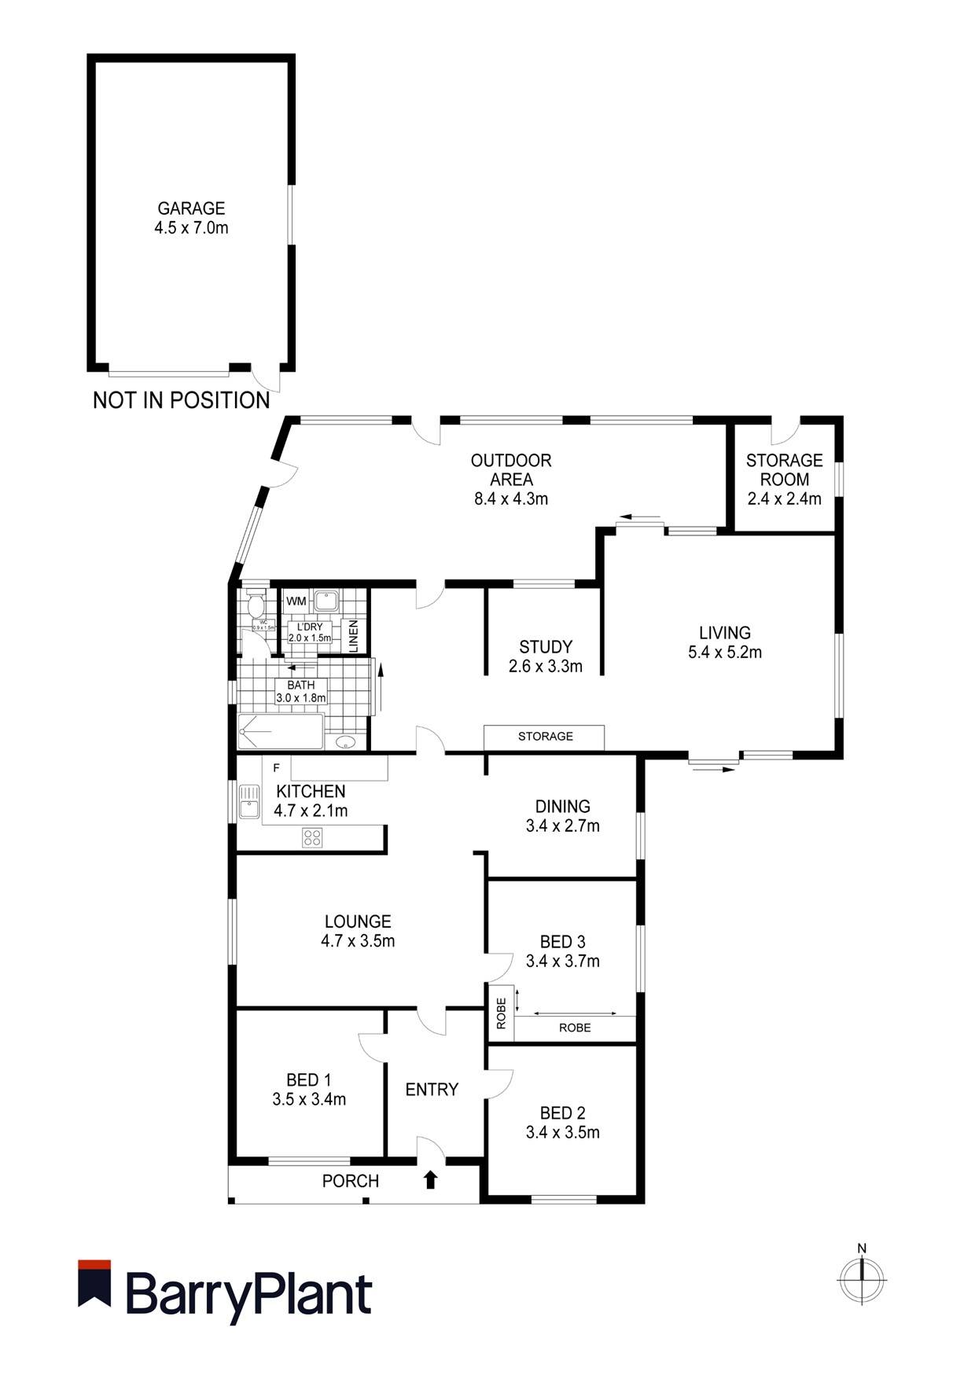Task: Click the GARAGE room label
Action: click(x=191, y=208)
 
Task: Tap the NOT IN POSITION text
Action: click(x=181, y=400)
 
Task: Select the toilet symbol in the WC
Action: click(x=255, y=605)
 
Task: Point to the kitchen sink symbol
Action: click(x=249, y=801)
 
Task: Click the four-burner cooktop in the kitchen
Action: click(x=311, y=837)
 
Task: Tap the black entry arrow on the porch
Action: click(x=430, y=1179)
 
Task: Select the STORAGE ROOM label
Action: click(x=784, y=469)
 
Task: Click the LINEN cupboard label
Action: click(x=354, y=635)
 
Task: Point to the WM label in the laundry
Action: click(x=296, y=601)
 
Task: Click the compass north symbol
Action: click(x=862, y=1279)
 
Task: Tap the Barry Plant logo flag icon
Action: click(x=94, y=1283)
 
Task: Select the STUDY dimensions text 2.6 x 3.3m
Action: click(x=545, y=667)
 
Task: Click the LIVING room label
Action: click(x=724, y=632)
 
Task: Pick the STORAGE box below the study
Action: click(x=544, y=737)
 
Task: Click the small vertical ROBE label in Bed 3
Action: click(x=501, y=1013)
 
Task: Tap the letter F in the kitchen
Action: click(x=276, y=767)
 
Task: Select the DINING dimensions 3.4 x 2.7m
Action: click(x=562, y=826)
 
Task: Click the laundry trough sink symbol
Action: click(x=326, y=601)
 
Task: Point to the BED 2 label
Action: click(x=562, y=1113)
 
